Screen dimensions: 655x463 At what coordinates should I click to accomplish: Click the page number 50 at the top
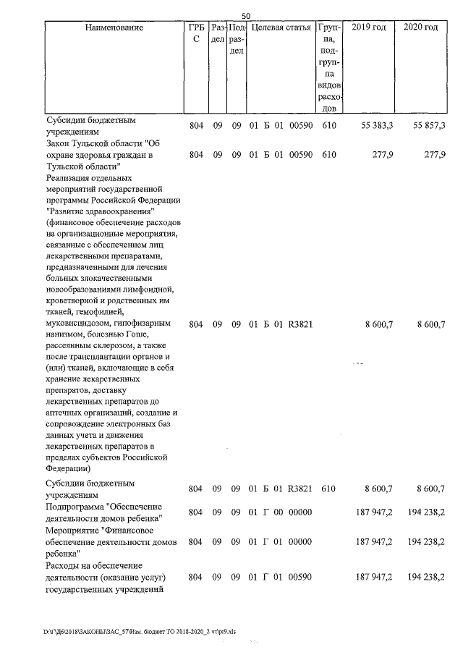point(245,16)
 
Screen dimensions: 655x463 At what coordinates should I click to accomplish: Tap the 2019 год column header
point(368,28)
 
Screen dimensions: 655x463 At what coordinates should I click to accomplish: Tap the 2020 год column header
point(421,28)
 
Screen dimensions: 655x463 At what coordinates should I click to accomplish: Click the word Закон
point(59,143)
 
